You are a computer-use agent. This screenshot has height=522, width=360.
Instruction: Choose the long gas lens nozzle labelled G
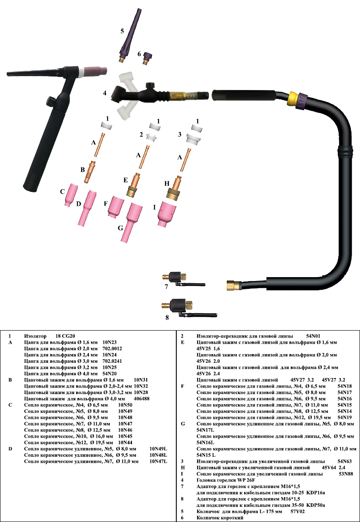132,222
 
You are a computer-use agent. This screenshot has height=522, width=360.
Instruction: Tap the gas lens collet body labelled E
133,185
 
